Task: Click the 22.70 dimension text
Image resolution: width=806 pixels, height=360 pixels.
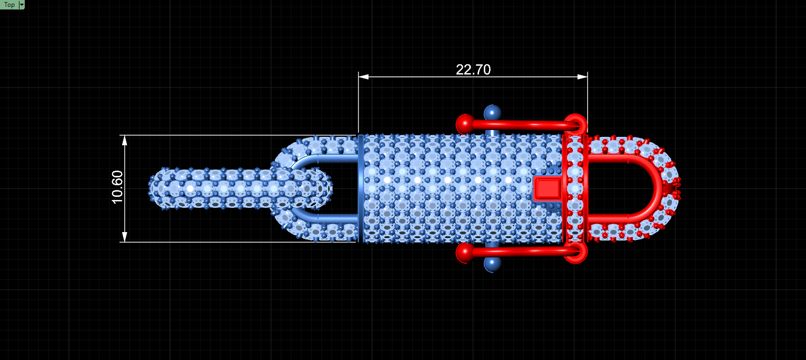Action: (x=473, y=69)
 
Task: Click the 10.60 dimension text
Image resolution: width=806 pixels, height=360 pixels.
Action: (x=117, y=187)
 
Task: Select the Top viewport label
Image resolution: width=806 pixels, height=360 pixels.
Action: (x=9, y=5)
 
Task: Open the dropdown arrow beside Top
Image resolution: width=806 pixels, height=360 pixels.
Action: (x=22, y=5)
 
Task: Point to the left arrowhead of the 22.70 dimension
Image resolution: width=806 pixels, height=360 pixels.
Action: (x=363, y=77)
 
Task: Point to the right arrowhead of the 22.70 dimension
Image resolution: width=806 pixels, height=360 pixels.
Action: (x=583, y=77)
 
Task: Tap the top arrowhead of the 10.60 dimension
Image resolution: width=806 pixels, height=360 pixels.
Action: (x=124, y=141)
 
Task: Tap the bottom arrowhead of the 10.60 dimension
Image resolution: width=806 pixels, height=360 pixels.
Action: (x=124, y=237)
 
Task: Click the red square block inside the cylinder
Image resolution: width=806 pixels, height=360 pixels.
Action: (x=547, y=188)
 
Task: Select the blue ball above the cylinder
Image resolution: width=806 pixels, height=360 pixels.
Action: (x=492, y=113)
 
